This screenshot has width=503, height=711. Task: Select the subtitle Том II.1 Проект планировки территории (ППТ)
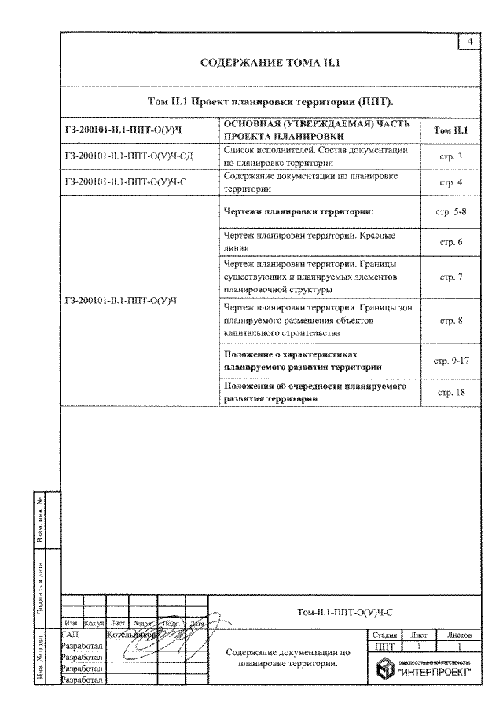270,103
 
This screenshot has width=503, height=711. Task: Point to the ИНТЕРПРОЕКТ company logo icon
384,669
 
